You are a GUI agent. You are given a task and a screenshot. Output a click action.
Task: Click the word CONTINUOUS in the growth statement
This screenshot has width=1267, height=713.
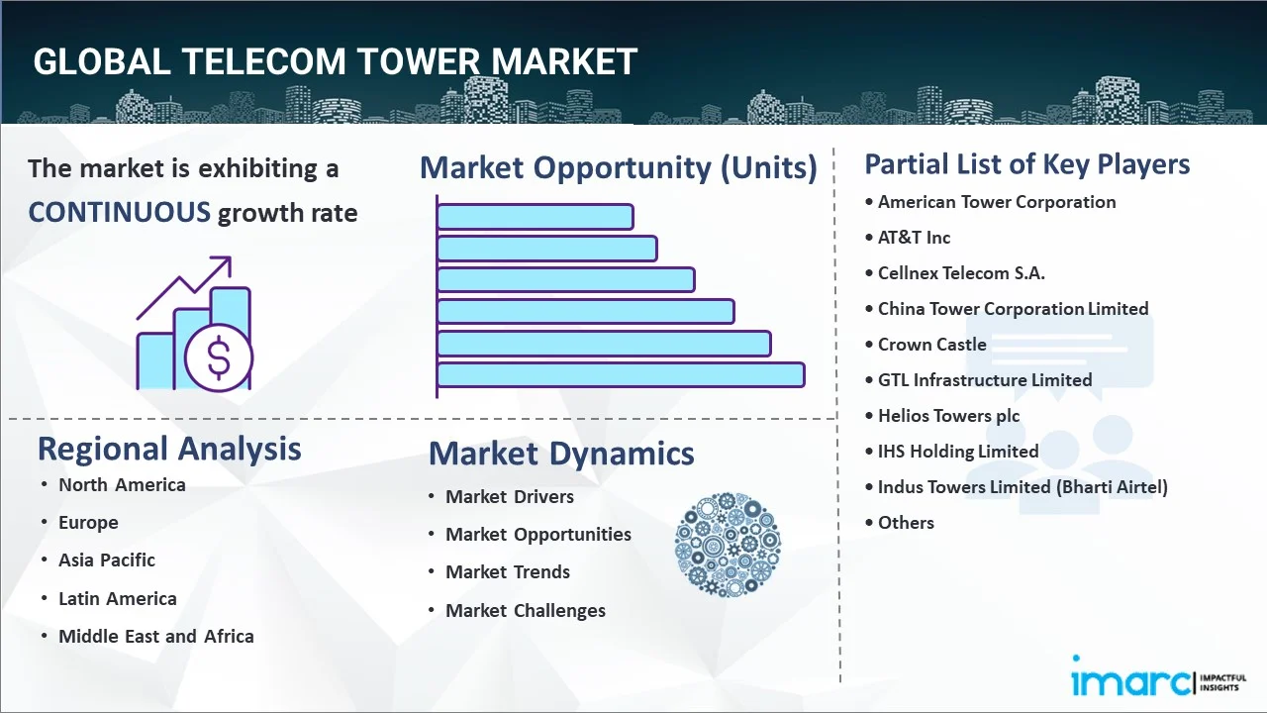click(120, 213)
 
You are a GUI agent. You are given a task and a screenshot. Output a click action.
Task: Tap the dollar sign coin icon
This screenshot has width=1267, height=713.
click(219, 358)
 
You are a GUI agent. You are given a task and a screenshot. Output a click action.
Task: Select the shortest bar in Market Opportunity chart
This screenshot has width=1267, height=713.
click(536, 217)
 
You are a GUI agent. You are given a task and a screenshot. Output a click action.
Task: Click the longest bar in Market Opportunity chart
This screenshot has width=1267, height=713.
click(621, 375)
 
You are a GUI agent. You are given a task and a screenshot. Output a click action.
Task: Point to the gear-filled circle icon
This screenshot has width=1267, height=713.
click(728, 545)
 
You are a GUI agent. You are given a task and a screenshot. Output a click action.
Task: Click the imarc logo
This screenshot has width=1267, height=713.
click(1158, 676)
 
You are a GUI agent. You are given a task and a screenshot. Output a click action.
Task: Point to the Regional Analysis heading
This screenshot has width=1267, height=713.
click(169, 449)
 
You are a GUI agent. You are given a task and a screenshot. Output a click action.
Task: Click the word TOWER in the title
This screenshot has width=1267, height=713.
click(418, 61)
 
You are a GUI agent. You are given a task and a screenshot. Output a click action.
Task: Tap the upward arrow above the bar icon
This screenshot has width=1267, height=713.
click(184, 287)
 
